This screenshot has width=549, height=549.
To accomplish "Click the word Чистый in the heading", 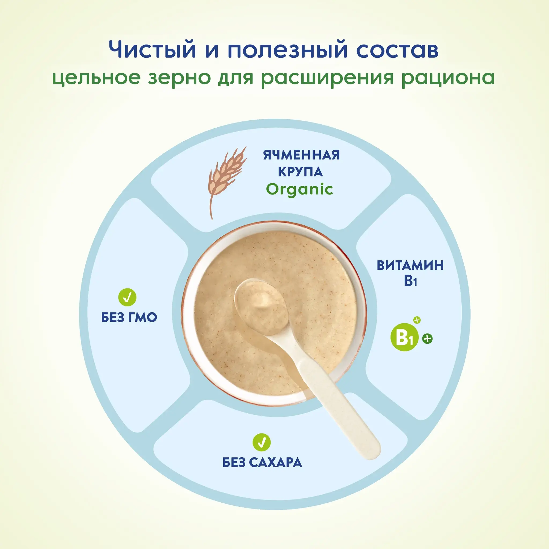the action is pos(153,49).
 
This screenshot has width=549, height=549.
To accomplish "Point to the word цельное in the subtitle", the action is pos(97,78).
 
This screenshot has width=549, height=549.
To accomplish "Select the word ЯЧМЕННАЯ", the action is pos(301,155).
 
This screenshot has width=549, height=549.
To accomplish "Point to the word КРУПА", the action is pos(300,172).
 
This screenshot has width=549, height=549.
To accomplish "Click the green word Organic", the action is pos(299,190).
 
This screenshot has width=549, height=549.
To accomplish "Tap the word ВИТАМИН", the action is pos(410,265).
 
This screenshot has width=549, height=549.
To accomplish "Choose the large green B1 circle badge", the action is pos(404,337).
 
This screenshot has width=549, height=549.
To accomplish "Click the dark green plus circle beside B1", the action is pos(427,339).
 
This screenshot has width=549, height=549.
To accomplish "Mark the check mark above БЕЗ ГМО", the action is pos(127,297).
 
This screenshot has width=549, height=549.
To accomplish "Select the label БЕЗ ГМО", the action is pos(129,317).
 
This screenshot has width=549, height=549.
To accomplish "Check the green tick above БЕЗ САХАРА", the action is pos(262,442).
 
